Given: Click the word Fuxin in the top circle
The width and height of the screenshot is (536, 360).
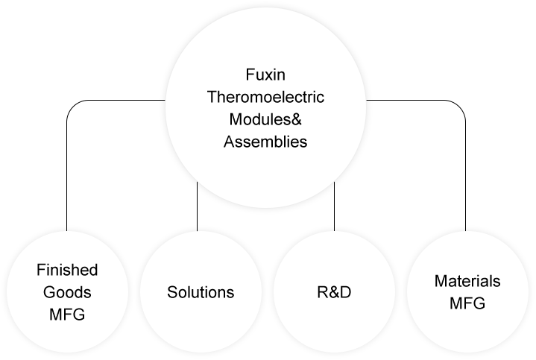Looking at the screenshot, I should (265, 75).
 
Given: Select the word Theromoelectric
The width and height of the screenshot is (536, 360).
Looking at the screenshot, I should (265, 98).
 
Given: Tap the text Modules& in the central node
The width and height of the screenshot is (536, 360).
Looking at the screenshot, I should (265, 119).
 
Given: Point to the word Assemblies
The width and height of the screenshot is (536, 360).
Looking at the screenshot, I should (265, 142).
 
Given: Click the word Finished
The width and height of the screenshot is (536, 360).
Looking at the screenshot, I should (67, 270).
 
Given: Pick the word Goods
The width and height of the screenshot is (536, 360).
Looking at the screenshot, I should (67, 291).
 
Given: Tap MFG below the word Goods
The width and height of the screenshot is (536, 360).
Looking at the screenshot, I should (67, 314).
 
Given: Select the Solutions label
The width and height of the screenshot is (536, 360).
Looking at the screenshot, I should (200, 291).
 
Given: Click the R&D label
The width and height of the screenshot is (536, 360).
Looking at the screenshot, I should (332, 291).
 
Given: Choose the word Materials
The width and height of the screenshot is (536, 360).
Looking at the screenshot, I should (467, 281).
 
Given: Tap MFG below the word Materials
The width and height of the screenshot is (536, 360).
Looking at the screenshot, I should (467, 303).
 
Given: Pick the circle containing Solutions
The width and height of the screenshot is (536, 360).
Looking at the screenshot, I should (200, 328).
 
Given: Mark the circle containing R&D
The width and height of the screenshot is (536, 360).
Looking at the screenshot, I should (332, 328).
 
